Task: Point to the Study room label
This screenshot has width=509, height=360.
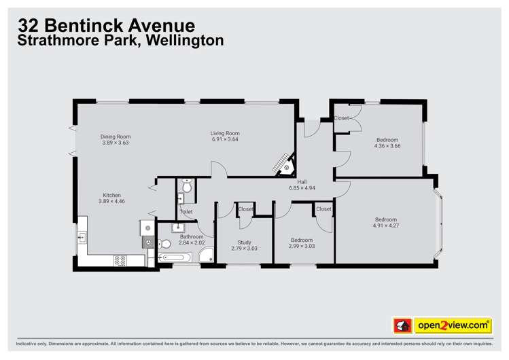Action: click(244, 242)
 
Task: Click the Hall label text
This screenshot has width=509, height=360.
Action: click(302, 181)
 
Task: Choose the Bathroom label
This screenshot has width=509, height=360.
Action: click(191, 236)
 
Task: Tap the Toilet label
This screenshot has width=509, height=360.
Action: click(186, 212)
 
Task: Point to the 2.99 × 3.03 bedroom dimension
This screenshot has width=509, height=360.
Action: click(302, 246)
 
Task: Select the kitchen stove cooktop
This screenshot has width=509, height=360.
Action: click(120, 259)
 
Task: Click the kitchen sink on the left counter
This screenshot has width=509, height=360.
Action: click(83, 237)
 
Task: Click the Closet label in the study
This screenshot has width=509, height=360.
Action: click(245, 209)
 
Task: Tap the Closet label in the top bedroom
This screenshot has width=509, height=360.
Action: click(341, 118)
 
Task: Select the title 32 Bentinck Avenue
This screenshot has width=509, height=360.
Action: click(107, 26)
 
